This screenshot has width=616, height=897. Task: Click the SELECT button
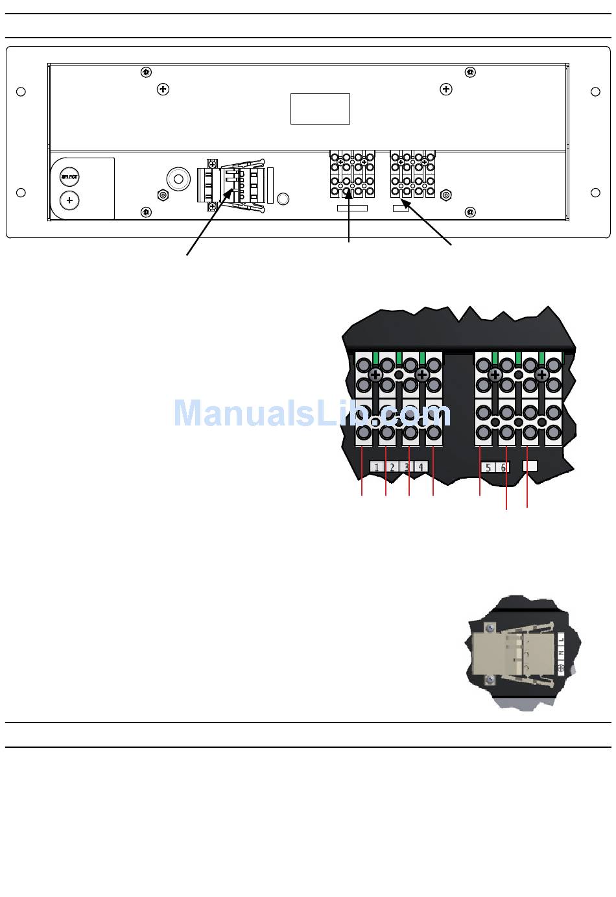(69, 176)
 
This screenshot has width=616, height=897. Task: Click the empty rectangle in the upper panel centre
(320, 109)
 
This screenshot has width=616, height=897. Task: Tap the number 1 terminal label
(377, 467)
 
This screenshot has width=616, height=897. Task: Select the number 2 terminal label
(392, 467)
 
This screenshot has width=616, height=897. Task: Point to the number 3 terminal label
(407, 467)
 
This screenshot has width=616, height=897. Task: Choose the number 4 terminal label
(421, 467)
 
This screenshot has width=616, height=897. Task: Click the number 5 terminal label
(488, 467)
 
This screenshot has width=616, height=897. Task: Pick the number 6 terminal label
(503, 467)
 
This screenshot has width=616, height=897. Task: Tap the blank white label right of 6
(530, 466)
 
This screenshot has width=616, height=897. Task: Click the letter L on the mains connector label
(562, 640)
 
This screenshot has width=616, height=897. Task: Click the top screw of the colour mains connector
(490, 628)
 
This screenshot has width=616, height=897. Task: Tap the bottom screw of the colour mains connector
(490, 679)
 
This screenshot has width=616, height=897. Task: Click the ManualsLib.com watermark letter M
(189, 413)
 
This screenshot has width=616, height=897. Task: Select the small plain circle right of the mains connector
(283, 198)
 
